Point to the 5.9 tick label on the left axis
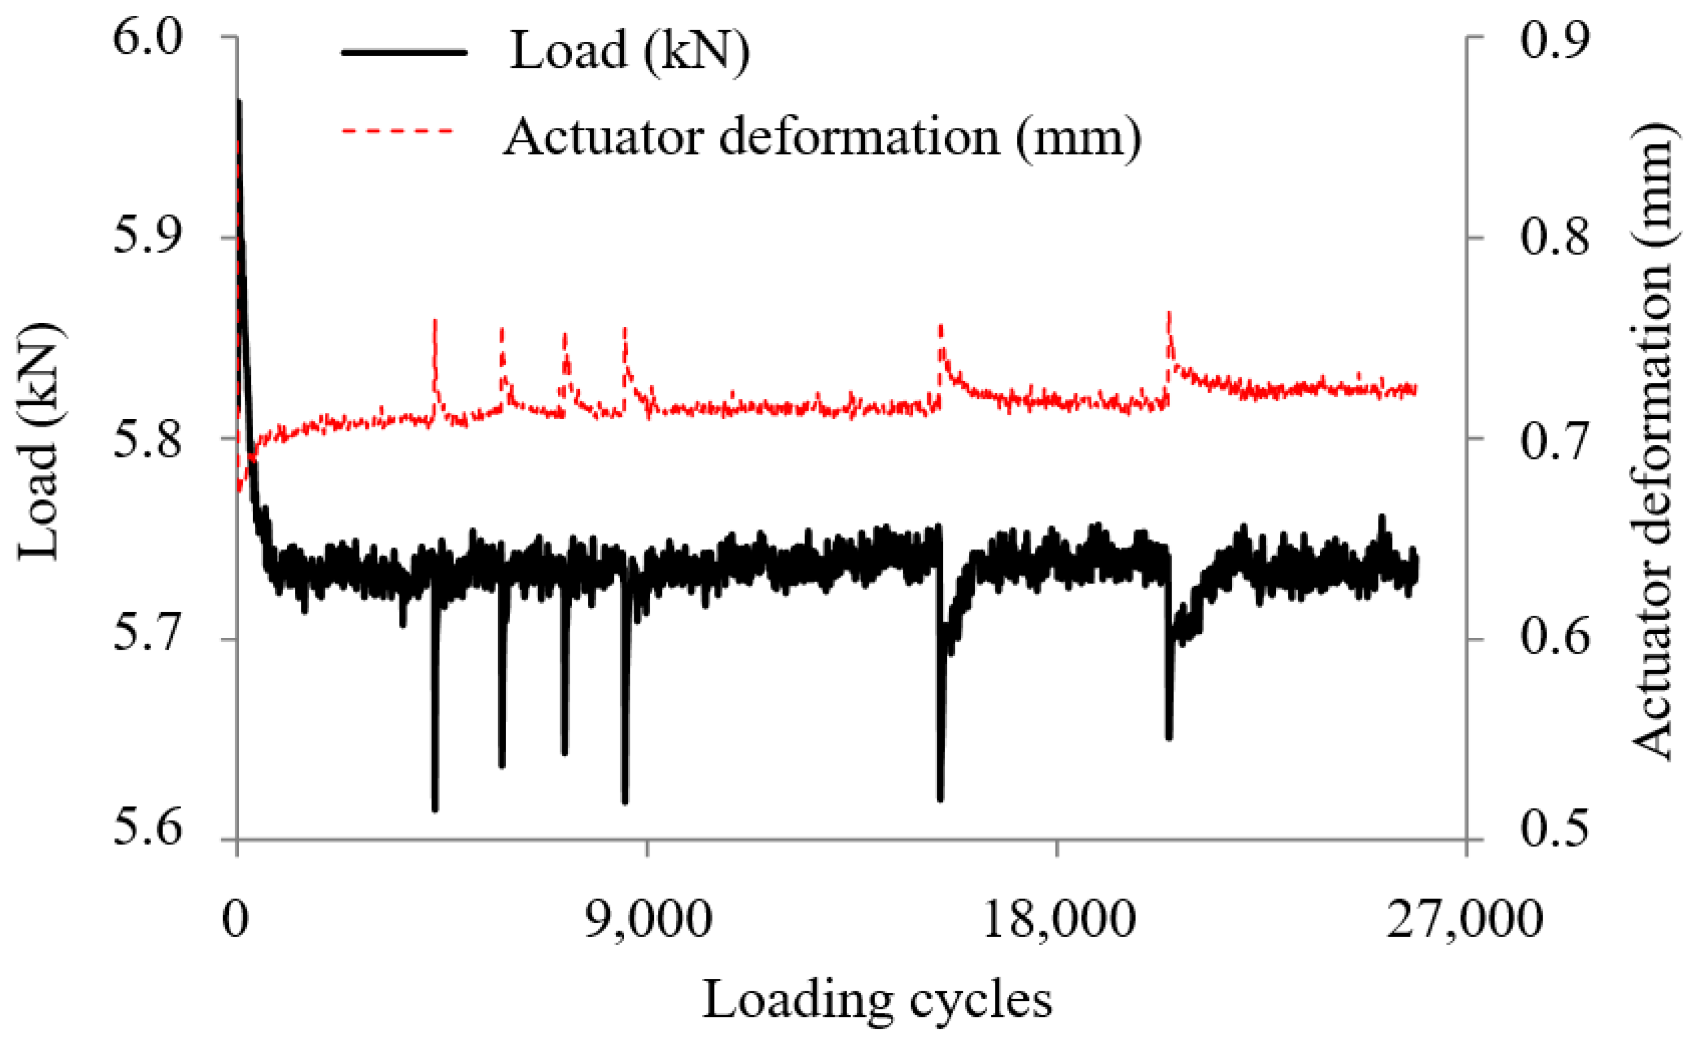(x=148, y=238)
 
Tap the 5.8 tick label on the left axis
(x=148, y=438)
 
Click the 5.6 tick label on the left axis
(x=148, y=830)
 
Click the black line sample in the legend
(x=405, y=53)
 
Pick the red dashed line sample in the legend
(x=399, y=130)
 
